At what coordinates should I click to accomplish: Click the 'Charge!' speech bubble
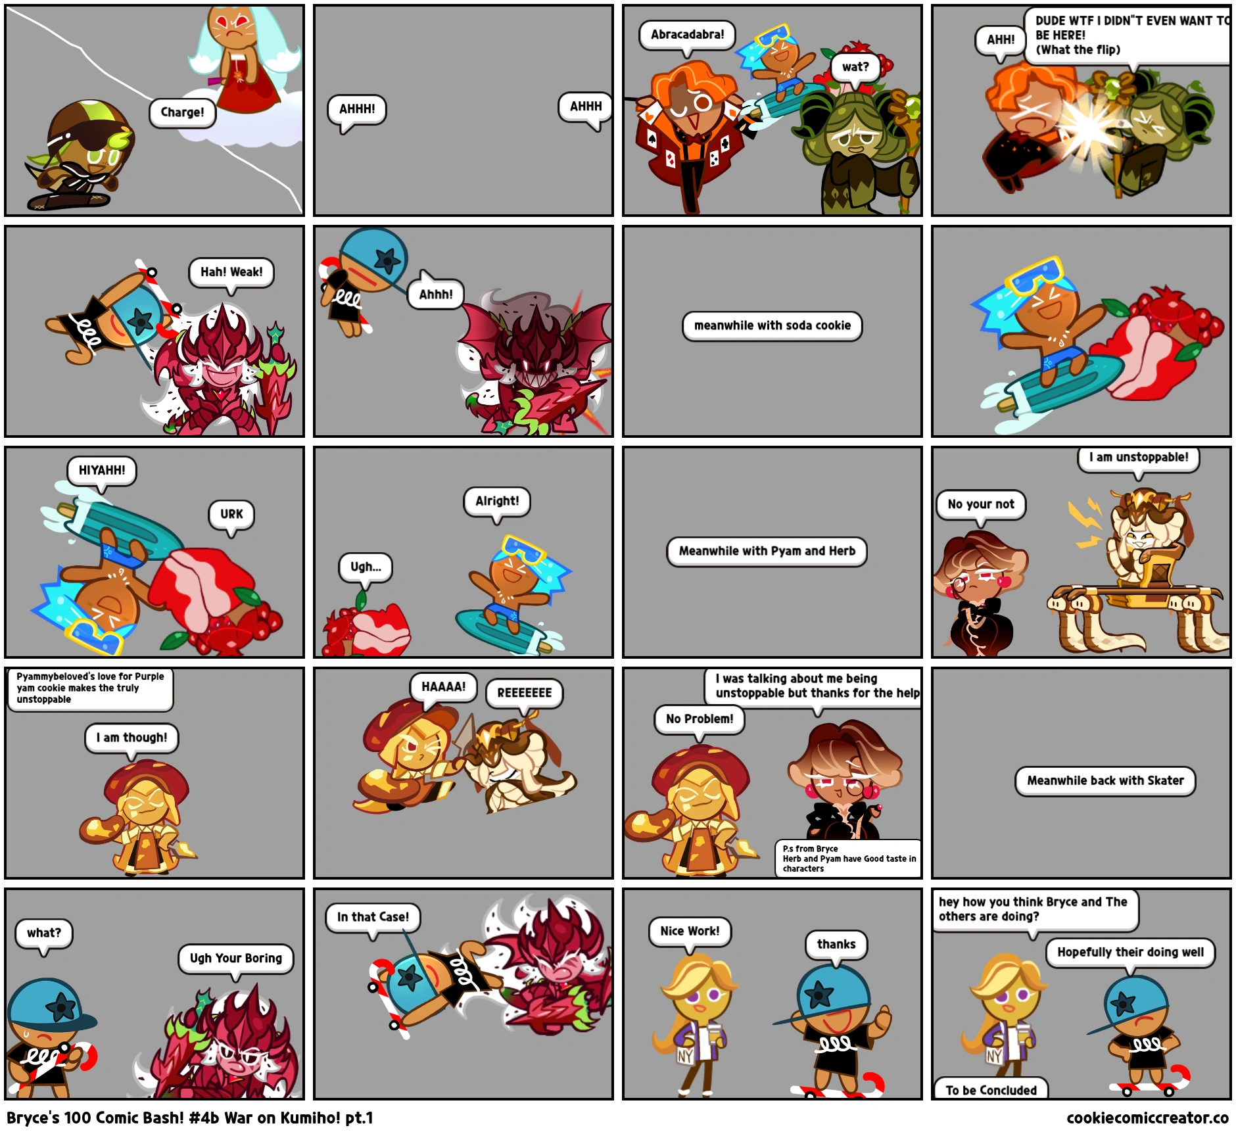[182, 112]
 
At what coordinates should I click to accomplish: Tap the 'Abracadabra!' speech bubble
[687, 35]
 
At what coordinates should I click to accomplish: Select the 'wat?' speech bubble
[855, 67]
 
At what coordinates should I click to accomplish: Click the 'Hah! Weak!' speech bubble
[231, 272]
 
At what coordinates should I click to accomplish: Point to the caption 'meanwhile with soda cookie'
[772, 326]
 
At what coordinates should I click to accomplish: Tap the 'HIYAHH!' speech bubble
[102, 471]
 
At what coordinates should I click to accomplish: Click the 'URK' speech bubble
[231, 514]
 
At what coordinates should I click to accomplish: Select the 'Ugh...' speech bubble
[366, 567]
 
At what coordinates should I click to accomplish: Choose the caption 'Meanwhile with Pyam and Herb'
[767, 552]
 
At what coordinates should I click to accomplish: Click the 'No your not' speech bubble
[981, 505]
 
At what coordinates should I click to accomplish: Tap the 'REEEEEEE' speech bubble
[524, 693]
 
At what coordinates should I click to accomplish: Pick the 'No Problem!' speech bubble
[699, 719]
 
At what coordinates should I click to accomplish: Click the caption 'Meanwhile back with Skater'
[1105, 781]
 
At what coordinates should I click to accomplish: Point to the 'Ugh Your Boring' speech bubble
[235, 958]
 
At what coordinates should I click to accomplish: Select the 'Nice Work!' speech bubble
[690, 932]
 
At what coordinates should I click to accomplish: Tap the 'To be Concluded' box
[991, 1090]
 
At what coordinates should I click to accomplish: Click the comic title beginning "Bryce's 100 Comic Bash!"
[190, 1118]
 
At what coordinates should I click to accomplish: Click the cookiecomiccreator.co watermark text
[1147, 1118]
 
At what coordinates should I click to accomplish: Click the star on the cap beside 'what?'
[64, 1005]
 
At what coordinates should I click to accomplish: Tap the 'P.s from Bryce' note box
[848, 859]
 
